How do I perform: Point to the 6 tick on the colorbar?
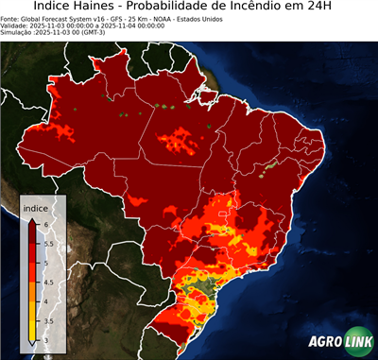coord(44,224)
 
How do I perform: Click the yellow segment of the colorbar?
coord(31,317)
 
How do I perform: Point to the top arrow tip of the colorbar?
coord(31,218)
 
